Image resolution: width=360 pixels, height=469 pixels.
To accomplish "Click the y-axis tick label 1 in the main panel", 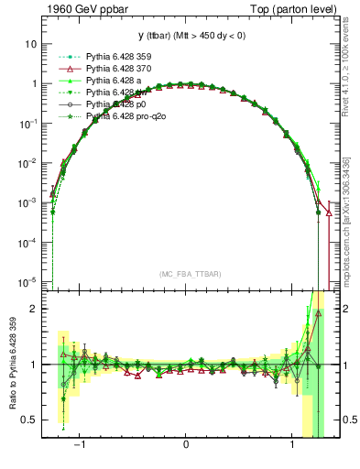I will [34, 83].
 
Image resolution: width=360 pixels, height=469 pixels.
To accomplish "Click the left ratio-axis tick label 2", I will [34, 309].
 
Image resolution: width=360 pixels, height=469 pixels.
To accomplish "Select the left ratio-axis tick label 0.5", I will [29, 420].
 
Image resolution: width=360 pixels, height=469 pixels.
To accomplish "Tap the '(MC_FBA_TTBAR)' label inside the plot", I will [187, 274].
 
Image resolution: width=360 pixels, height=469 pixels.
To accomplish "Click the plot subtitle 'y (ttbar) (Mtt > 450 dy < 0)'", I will [187, 36].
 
